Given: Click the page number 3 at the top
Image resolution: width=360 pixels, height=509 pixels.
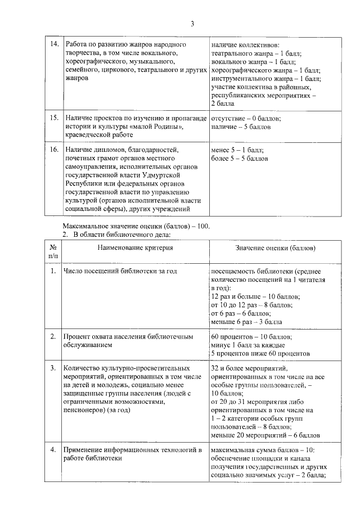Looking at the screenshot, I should point(192,23).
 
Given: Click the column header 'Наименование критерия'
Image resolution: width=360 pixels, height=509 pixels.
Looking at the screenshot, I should point(133,247).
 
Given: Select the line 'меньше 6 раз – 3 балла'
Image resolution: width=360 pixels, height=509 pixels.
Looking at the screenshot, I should point(246,321).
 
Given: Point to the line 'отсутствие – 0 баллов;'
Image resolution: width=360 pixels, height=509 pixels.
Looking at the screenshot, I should point(246,119).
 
